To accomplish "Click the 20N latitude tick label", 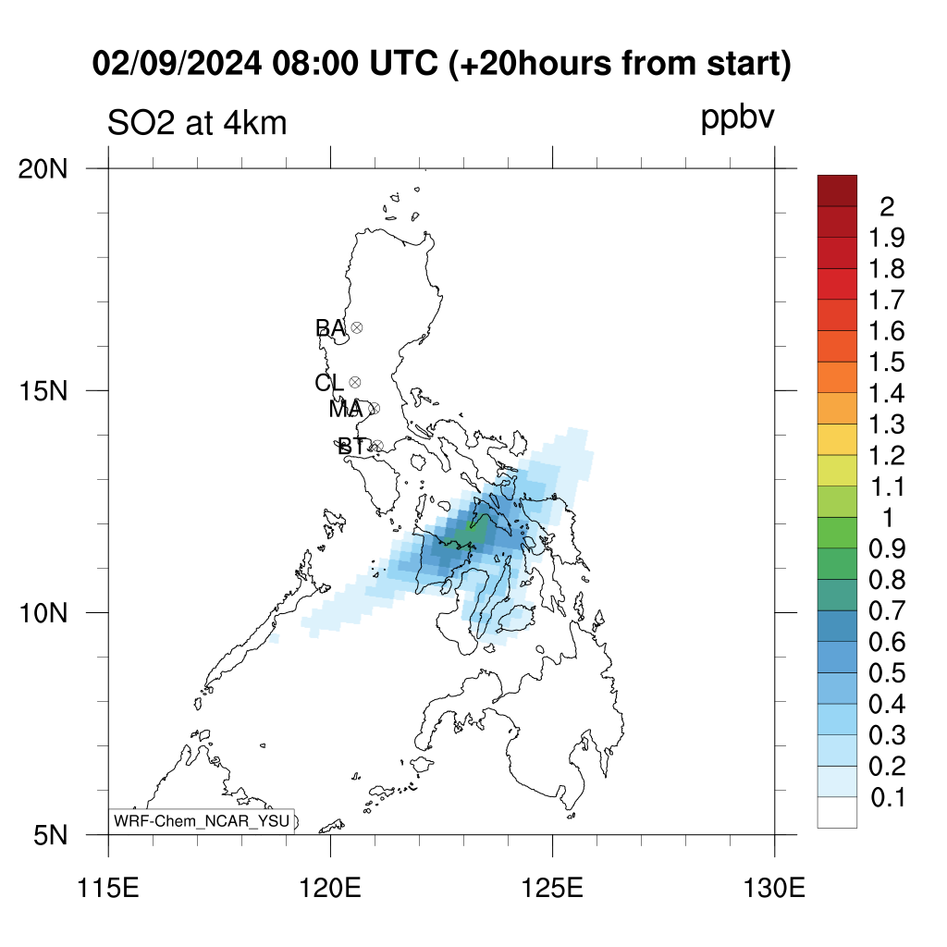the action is (x=43, y=170).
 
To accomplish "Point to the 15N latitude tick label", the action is (x=43, y=391).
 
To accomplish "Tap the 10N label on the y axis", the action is (x=43, y=614).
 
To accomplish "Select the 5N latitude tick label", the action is (x=50, y=836).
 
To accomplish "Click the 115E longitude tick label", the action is (x=108, y=889).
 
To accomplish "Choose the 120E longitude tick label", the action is (x=330, y=889).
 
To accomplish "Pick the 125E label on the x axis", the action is (x=552, y=889).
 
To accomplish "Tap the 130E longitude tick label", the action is (x=774, y=889).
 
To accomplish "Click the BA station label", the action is (x=330, y=328).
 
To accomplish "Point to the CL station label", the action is (x=329, y=382).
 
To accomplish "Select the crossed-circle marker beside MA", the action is (x=374, y=408).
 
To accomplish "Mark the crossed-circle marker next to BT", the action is (x=377, y=446).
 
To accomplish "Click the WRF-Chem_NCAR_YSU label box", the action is (x=202, y=821).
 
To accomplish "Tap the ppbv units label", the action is (x=737, y=117).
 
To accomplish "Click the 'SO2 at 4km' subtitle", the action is (x=197, y=123).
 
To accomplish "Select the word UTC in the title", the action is (x=403, y=63).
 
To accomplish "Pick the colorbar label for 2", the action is (x=887, y=207).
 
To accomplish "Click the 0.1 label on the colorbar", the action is (x=888, y=798).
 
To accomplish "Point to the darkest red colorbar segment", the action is (x=837, y=191).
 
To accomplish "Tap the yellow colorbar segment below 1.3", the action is (x=837, y=439).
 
